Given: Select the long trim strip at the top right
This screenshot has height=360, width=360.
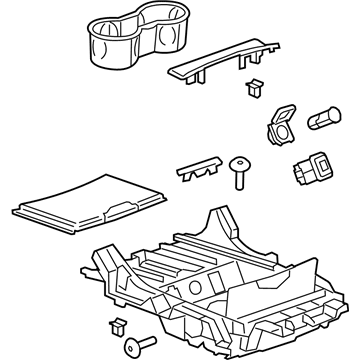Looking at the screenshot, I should click(x=225, y=62).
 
